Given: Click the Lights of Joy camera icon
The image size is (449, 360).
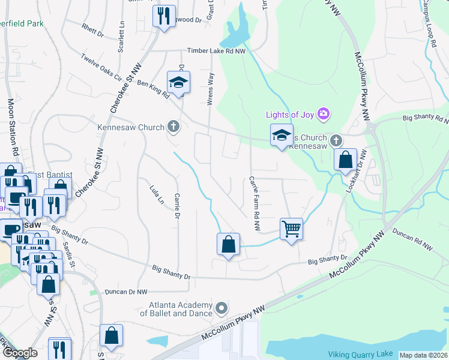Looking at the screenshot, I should pos(324,113).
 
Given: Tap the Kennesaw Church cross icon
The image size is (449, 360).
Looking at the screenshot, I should pos(173,127).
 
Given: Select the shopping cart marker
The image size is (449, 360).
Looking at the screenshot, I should pos(291,228).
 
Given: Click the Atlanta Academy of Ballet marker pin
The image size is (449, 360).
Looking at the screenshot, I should pos(221,308).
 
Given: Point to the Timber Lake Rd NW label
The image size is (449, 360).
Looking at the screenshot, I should pos(217,52).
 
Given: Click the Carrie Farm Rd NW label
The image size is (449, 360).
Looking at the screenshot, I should pos(255,204).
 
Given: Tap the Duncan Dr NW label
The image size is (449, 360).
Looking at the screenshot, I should pos(126,292).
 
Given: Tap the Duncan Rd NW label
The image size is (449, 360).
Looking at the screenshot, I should pos(412,238).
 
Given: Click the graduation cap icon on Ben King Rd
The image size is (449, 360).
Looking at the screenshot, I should pos(178,83).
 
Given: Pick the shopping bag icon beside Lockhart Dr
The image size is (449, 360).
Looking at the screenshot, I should pos(345,160).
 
